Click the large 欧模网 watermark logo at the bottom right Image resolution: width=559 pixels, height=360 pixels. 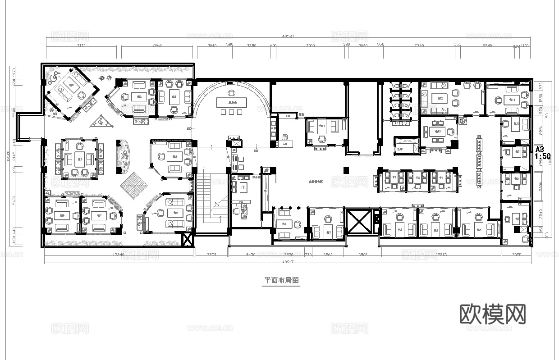tap(493, 314)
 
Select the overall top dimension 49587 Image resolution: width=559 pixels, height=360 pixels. tap(288, 36)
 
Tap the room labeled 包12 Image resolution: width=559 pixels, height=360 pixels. tap(438, 98)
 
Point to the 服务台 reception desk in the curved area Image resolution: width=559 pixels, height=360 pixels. tap(233, 103)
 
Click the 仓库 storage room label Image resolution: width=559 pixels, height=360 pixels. tap(400, 149)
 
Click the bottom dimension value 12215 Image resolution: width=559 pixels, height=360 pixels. tap(441, 255)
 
